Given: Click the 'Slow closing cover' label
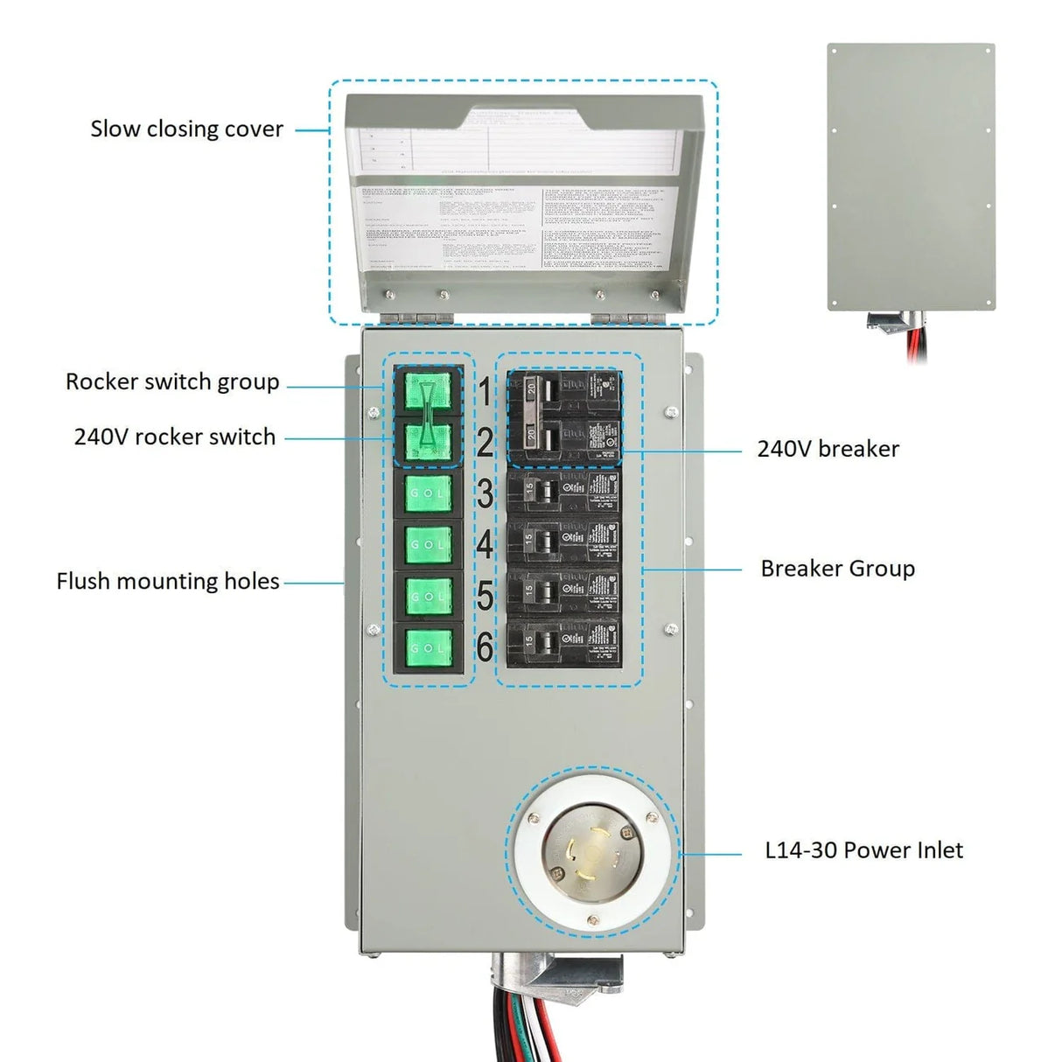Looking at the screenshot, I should (x=186, y=129).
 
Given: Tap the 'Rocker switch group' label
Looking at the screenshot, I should (x=172, y=382).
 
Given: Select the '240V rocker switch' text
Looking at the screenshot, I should (x=174, y=437).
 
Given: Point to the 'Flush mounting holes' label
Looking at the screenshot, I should (x=167, y=582).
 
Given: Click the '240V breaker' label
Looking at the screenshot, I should (x=828, y=449).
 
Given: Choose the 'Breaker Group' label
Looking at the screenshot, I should (x=837, y=569).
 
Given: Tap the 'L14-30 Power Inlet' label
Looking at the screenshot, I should (x=863, y=850).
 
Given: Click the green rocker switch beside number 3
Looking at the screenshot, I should (x=428, y=493).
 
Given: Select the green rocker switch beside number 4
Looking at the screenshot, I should (x=428, y=545).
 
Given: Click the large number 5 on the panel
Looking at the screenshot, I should (x=485, y=597).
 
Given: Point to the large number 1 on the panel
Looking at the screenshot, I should (x=485, y=392).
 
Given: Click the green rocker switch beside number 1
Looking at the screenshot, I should (x=428, y=391).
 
